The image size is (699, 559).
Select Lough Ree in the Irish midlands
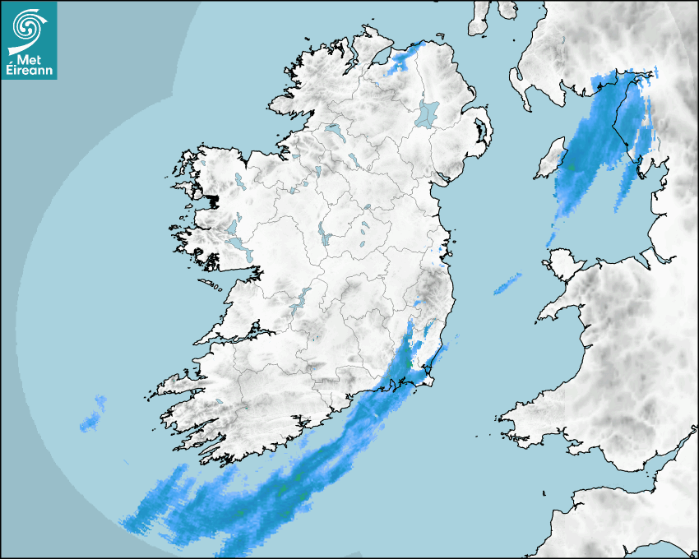point(324,238)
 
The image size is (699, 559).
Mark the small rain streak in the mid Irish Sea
point(507,284)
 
